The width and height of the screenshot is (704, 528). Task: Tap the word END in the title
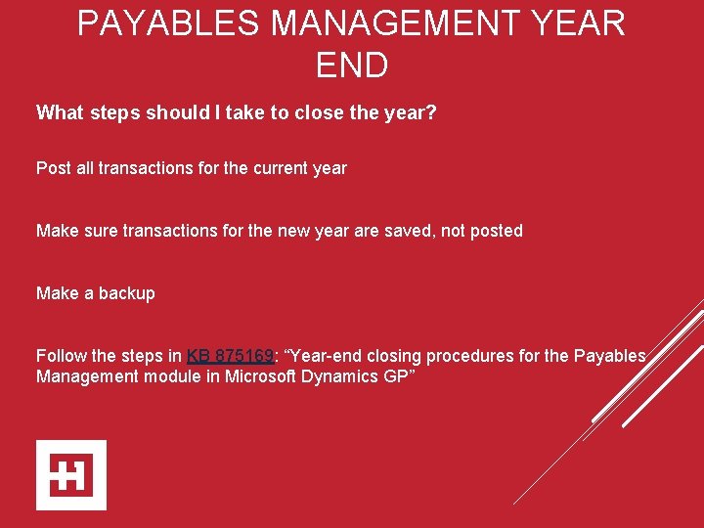pyautogui.click(x=352, y=66)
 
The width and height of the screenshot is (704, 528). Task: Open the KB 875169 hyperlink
pyautogui.click(x=229, y=356)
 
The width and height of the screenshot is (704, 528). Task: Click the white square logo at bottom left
pyautogui.click(x=71, y=475)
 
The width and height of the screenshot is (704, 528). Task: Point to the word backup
pyautogui.click(x=125, y=293)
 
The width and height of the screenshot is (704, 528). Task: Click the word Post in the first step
pyautogui.click(x=53, y=168)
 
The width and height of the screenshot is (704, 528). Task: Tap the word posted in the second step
pyautogui.click(x=497, y=231)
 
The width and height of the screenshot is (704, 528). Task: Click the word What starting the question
pyautogui.click(x=60, y=112)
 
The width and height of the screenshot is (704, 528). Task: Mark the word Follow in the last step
pyautogui.click(x=61, y=356)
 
